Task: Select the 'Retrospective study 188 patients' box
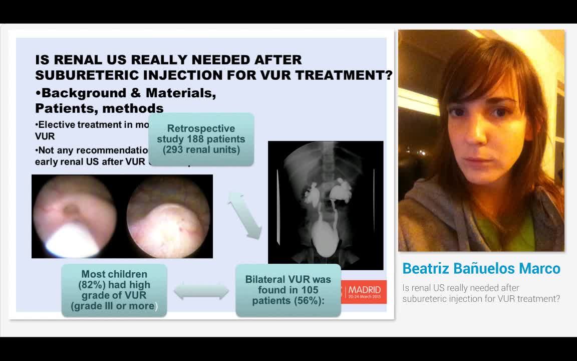tap(201, 139)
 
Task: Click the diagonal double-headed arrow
tap(245, 214)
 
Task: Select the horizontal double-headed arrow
tap(201, 291)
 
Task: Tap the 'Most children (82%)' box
tap(114, 290)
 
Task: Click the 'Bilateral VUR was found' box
tap(288, 290)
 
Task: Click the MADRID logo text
tap(364, 290)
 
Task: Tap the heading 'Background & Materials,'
tap(126, 93)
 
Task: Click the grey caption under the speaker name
tap(481, 293)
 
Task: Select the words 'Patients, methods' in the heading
tap(99, 108)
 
